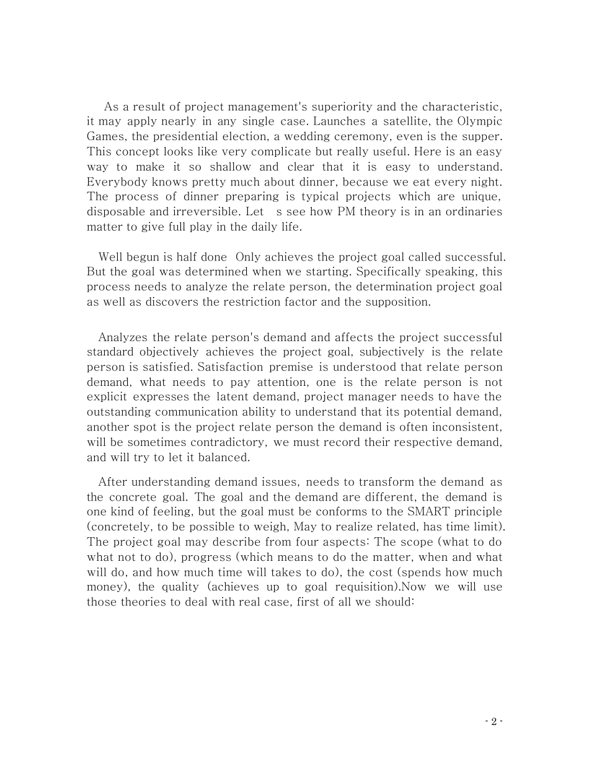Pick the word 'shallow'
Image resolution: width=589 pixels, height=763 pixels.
[229, 167]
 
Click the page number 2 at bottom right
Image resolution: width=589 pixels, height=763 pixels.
[494, 721]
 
